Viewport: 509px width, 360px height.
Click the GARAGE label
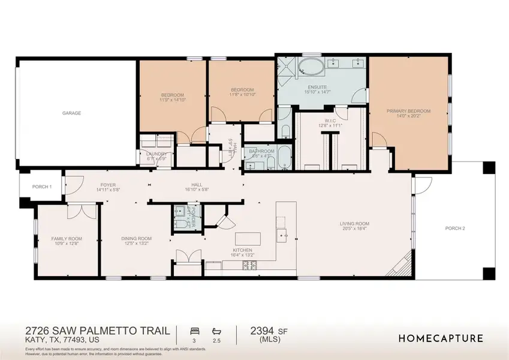[x=71, y=113]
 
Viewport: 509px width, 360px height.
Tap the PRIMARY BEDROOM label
[x=410, y=111]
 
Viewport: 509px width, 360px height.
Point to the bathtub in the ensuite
[x=311, y=66]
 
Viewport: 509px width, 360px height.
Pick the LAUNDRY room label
[x=157, y=154]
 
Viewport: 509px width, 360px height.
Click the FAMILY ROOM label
[x=67, y=239]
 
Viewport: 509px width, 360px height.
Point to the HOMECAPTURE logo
[x=441, y=338]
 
